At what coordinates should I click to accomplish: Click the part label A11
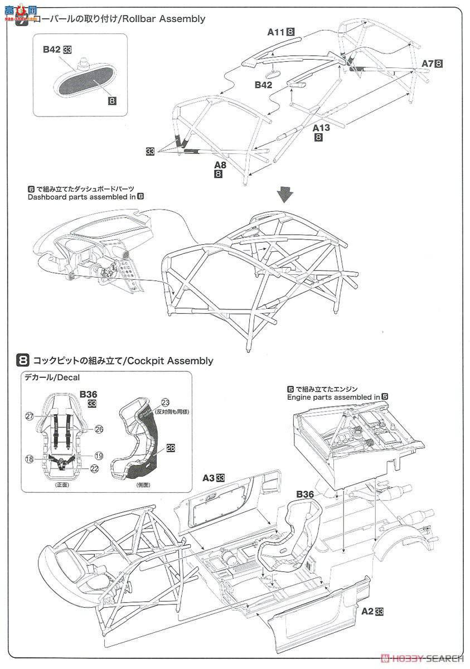(x=275, y=32)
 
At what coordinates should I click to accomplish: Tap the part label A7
(x=427, y=63)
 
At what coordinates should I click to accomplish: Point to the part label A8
(x=220, y=165)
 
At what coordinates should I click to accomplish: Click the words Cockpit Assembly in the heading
(x=170, y=361)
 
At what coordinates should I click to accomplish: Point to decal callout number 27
(x=29, y=415)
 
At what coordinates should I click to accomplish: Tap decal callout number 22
(x=94, y=469)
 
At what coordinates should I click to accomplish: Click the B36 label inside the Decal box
(x=88, y=394)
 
